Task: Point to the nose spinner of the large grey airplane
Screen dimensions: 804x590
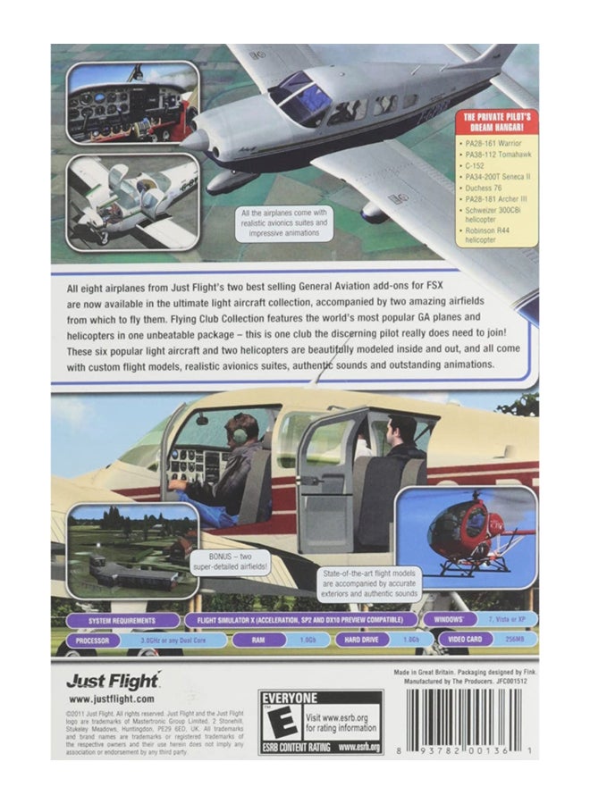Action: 195,140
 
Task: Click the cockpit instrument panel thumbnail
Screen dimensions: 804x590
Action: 131,102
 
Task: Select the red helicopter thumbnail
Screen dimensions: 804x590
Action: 465,531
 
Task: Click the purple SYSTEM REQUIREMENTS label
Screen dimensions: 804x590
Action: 120,620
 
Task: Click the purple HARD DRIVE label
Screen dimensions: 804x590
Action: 362,640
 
